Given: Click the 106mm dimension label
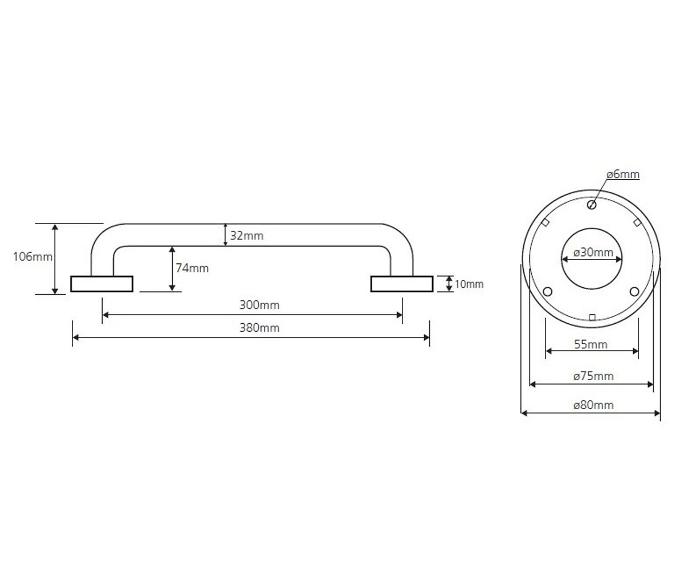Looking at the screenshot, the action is point(32,256).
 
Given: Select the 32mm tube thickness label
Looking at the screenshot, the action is point(247,235).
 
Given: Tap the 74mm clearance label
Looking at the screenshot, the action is point(192,268).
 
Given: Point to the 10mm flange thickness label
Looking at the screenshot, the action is point(469,284).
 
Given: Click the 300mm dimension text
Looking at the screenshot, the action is point(259,305).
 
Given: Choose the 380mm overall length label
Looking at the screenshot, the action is point(259,328).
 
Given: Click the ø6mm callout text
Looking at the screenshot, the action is point(623,174).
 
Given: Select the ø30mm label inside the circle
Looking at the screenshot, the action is point(593,253).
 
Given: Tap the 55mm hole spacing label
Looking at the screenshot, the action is point(591,344).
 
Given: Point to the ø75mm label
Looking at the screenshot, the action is point(593,376).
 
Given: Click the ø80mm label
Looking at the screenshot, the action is point(593,405).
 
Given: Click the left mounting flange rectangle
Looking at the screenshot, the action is point(102,284).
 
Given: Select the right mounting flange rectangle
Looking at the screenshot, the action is point(402,284).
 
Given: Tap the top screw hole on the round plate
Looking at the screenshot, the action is point(592,205).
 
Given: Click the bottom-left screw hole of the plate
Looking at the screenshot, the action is point(548,291).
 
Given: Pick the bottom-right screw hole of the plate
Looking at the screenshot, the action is point(634,291).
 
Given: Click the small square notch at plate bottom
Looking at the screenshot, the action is point(592,317).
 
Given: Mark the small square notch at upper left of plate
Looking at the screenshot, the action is point(545,222).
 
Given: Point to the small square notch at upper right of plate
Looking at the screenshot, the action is point(637,222).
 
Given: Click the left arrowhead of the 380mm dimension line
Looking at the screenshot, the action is point(75,337).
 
